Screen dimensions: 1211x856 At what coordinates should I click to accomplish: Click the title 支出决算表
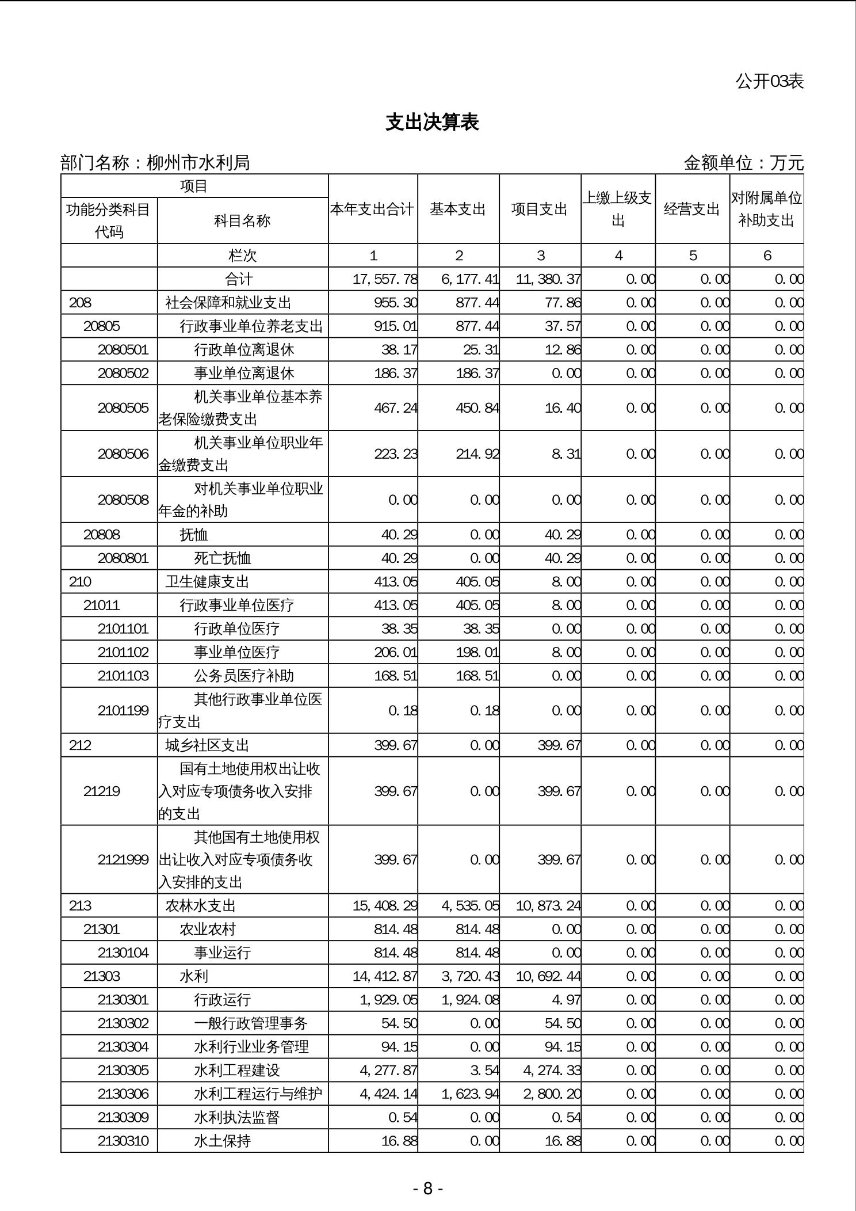[432, 123]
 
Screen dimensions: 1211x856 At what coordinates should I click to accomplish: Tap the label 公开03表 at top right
[769, 81]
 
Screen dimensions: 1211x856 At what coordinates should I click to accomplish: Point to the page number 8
[427, 1188]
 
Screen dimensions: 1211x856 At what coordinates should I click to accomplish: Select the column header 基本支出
[458, 209]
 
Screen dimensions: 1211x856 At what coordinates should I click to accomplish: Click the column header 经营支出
[692, 209]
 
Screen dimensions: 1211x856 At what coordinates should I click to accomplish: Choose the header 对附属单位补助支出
[766, 209]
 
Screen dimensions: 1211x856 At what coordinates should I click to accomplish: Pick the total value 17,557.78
[385, 279]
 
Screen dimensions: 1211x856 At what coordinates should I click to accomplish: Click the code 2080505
[123, 408]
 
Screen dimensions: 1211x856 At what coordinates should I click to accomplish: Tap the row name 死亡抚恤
[222, 558]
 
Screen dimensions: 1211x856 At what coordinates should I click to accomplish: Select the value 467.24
[396, 408]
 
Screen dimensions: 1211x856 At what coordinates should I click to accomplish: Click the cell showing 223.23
[396, 454]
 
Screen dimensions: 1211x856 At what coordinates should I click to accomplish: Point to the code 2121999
[123, 859]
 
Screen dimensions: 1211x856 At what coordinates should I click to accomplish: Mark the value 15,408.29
[385, 905]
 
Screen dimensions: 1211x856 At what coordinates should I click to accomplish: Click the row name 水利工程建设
[236, 1070]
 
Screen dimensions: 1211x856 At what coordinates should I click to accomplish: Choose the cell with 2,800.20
[552, 1094]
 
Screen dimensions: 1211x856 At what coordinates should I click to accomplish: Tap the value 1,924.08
[470, 1000]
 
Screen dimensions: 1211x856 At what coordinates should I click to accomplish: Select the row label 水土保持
[222, 1141]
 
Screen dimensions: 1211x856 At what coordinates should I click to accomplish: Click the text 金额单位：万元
[743, 163]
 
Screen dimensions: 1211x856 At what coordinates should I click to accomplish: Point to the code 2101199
[123, 710]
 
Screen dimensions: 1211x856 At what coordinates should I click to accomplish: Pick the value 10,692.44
[548, 976]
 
